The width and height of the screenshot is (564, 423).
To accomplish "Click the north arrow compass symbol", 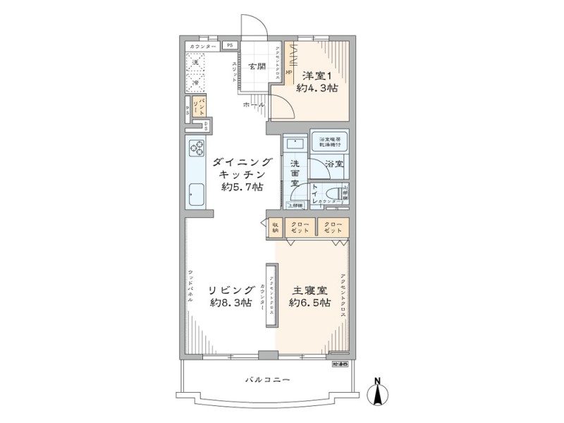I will (x=379, y=392).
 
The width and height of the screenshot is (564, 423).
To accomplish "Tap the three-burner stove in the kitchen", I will (x=197, y=149).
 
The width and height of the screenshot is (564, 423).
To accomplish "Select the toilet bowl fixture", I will (x=342, y=192).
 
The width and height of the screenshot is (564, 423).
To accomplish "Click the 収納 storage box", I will (x=275, y=227).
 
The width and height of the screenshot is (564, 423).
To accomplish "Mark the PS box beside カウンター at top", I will (x=229, y=46).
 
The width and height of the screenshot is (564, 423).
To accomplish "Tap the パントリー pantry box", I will (x=202, y=108).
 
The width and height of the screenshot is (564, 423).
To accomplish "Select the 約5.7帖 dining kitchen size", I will (x=242, y=188).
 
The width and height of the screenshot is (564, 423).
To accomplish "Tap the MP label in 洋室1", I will (x=288, y=70).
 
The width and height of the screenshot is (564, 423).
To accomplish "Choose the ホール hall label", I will (x=254, y=104).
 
